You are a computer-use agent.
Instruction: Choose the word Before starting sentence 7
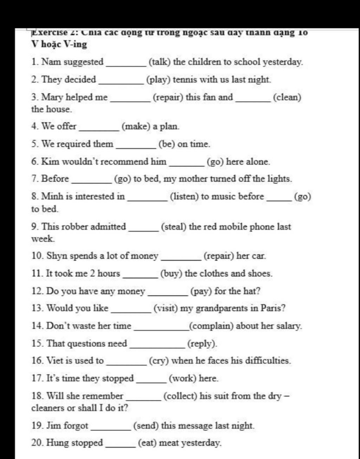tap(55, 179)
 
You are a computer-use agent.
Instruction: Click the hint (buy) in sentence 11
tap(171, 273)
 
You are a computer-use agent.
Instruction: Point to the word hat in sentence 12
tap(251, 291)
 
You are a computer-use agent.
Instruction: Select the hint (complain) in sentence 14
tap(211, 326)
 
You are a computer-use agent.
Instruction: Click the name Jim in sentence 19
tap(54, 426)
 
